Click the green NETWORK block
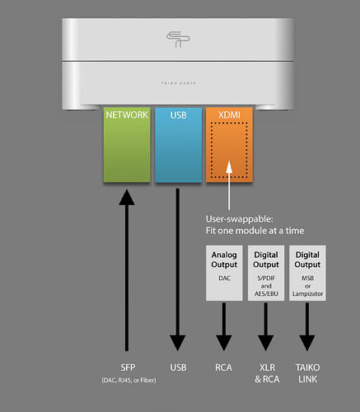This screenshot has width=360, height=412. tap(127, 144)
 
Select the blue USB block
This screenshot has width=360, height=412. tap(178, 144)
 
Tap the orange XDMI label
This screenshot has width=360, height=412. tap(229, 115)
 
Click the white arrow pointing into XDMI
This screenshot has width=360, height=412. tap(229, 185)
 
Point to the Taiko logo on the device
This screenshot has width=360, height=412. tap(178, 40)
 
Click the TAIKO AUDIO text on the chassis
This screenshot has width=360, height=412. tap(179, 83)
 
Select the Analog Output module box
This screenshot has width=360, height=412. tap(224, 273)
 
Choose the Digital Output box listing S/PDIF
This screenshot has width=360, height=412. tap(266, 273)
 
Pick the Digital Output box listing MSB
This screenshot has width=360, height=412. tap(307, 273)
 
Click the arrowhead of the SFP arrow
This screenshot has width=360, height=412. tap(127, 197)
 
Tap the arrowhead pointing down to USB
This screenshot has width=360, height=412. tap(178, 343)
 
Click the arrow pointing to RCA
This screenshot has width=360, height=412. tap(224, 327)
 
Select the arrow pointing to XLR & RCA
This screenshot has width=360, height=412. tap(265, 327)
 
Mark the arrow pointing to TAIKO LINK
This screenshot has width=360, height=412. tap(307, 327)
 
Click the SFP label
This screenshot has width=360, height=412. tap(128, 368)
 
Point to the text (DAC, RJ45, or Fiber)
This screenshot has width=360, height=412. tap(129, 381)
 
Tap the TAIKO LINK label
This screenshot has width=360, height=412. tap(307, 373)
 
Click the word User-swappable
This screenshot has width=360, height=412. tap(240, 219)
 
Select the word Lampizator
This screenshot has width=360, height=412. tap(307, 294)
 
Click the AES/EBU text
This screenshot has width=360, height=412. tap(266, 293)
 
